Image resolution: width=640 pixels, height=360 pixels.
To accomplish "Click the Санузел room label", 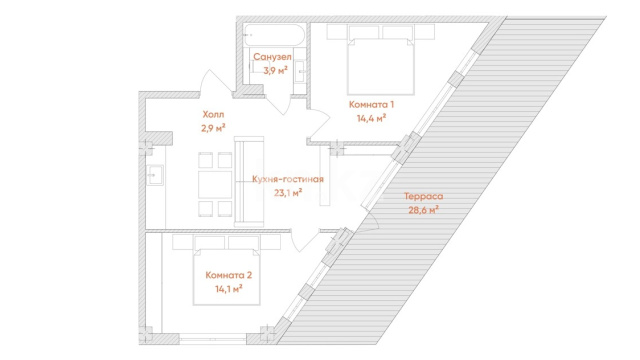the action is pos(272,57).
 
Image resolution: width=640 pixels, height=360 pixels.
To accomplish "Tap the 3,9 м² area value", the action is pos(276,70).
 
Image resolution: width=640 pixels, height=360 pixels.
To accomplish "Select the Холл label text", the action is pos(213,115).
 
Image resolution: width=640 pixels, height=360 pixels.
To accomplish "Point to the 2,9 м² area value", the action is pos(213,128).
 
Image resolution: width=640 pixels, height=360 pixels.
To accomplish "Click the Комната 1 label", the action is pos(371,104).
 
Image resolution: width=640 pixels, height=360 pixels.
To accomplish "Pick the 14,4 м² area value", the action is pos(371,118).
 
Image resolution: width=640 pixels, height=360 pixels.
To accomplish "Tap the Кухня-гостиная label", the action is pos(288,179).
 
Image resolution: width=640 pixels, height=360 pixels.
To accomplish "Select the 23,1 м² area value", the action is pos(288,193).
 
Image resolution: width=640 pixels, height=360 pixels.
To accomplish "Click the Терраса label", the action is pos(424,196).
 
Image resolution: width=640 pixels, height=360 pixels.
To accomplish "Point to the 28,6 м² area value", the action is pos(424,210).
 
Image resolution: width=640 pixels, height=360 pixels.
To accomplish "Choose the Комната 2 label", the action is pos(229,275).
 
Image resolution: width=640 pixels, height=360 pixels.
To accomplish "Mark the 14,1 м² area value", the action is pos(229,289).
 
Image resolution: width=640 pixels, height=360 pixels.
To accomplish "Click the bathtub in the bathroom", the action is pos(274,35).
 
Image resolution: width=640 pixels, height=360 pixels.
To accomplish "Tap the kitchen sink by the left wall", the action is pos(155,176).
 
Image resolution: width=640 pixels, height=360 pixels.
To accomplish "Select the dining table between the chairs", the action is pos(215,184).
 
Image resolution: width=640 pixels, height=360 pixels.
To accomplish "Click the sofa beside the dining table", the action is pos(249,182).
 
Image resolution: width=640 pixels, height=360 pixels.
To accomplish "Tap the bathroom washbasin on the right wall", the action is pos(300,71).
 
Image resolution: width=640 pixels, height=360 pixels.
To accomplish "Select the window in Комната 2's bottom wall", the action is pos(213,338).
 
